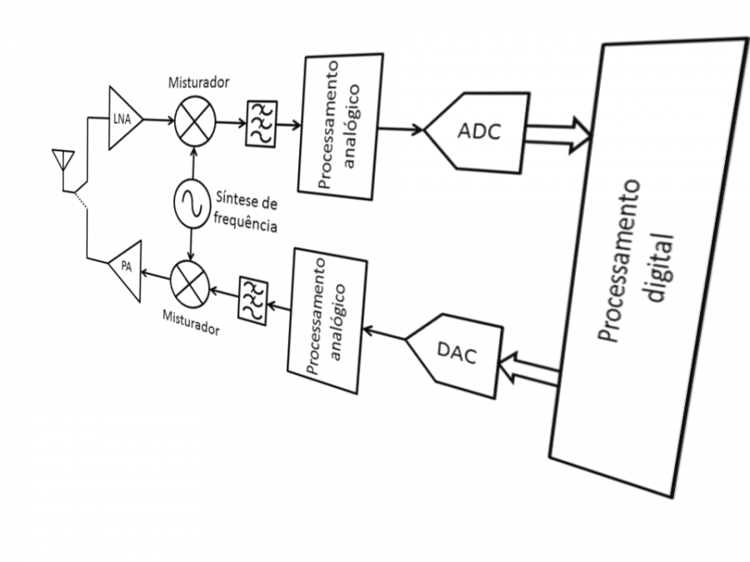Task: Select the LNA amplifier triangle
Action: [122, 119]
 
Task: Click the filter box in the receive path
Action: [261, 125]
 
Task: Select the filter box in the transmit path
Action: [252, 299]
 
